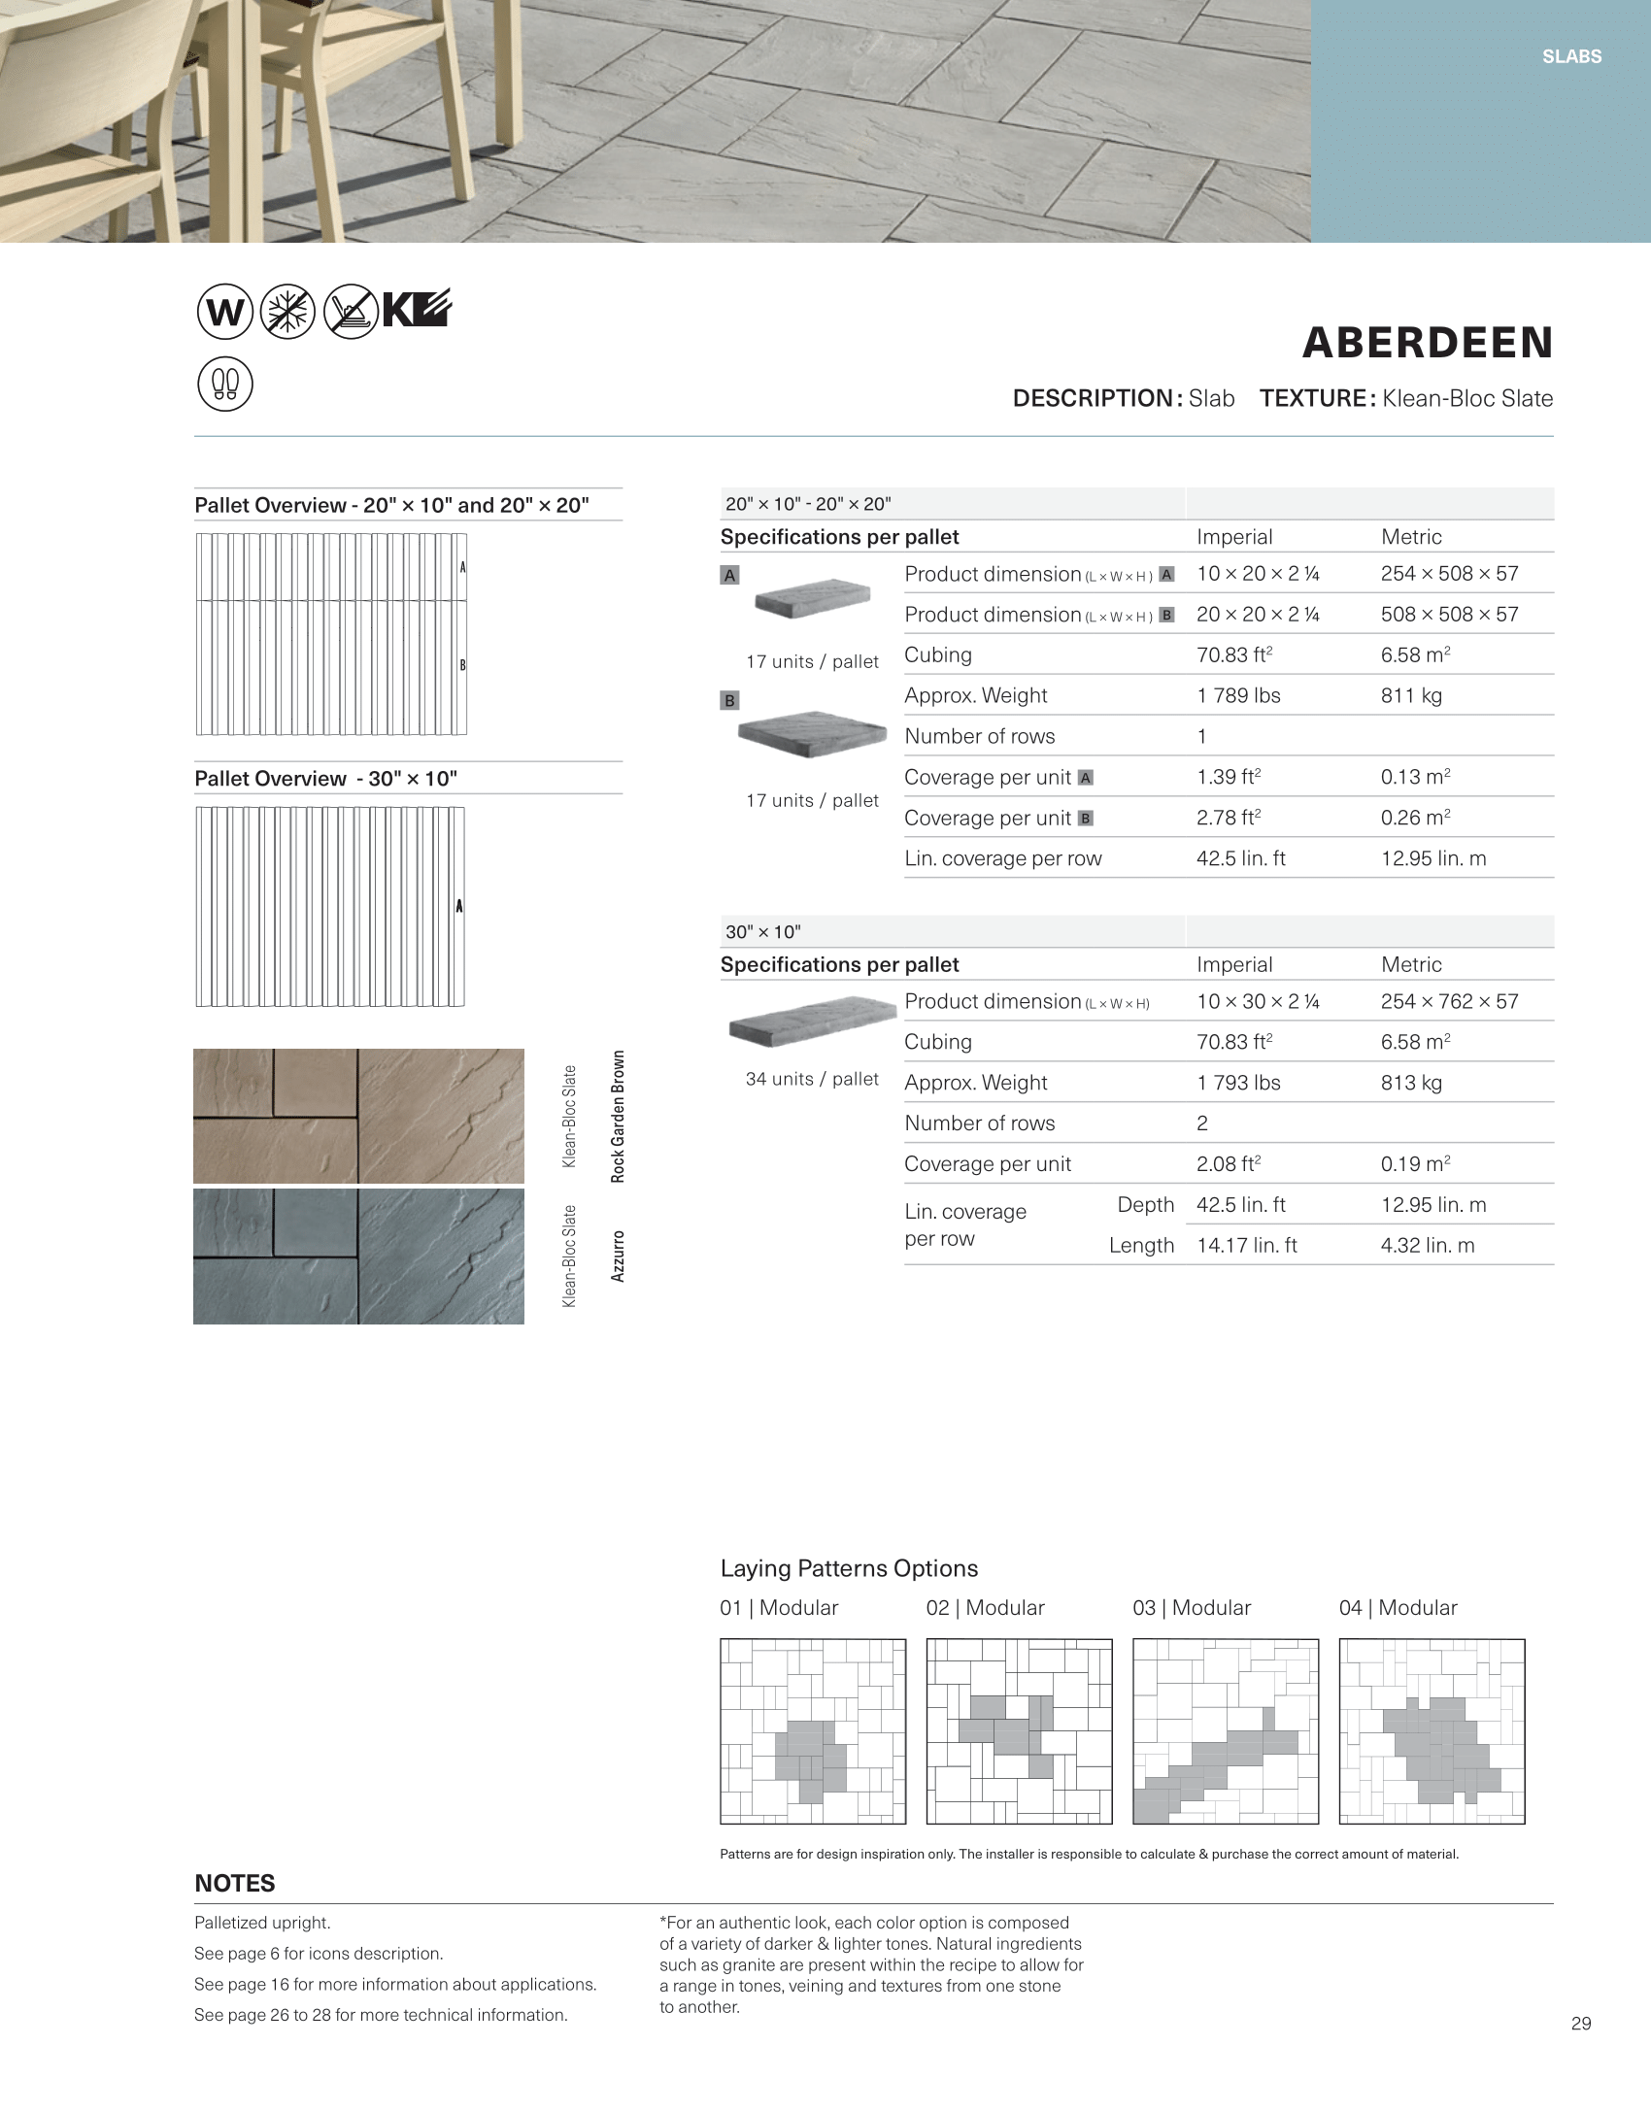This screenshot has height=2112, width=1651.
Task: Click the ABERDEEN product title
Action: (1427, 343)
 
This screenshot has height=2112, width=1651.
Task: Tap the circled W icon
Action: (225, 313)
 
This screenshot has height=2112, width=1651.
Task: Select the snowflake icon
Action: (287, 313)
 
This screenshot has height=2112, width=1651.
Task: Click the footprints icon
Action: (225, 385)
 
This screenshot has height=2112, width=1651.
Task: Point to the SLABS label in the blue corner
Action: (1571, 57)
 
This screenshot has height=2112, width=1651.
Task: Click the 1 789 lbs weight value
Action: (1238, 695)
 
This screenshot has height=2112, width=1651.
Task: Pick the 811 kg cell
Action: (1411, 695)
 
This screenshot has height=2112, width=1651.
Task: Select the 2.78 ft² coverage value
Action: (1229, 818)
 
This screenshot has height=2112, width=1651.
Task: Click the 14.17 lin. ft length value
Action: (1246, 1245)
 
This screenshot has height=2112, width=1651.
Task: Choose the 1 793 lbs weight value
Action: (1238, 1083)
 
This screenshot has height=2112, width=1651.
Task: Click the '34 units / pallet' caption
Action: (812, 1079)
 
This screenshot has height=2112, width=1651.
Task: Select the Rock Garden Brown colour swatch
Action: (358, 1116)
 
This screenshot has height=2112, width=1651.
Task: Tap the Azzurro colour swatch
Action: (358, 1257)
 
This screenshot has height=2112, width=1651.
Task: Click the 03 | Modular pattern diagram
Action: (1226, 1731)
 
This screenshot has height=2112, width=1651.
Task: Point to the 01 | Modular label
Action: (779, 1608)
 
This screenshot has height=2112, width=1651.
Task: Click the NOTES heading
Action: (235, 1884)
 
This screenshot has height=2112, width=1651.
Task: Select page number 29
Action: (1581, 2024)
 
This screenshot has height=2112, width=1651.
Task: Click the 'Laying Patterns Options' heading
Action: (849, 1568)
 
